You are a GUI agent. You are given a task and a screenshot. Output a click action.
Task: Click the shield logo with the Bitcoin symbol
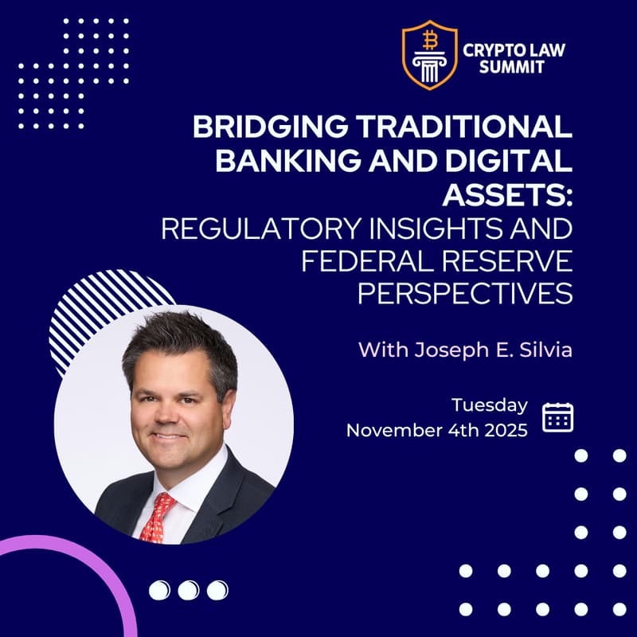pos(429,55)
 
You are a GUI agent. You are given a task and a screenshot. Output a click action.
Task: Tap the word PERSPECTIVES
pos(465,294)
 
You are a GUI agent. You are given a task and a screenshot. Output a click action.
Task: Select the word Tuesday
pos(489,405)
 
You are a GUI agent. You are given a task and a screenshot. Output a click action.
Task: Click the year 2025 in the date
pos(504,431)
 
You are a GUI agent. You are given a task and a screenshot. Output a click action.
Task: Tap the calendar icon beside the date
pos(557,417)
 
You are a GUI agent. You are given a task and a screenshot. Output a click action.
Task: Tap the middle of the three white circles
pos(188,590)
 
